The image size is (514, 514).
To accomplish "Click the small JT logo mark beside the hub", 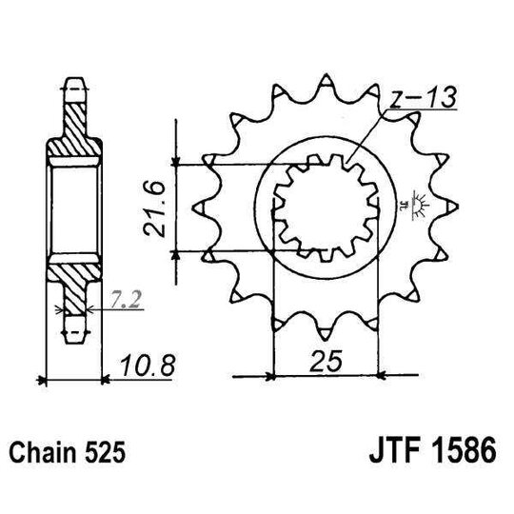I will click(x=416, y=203).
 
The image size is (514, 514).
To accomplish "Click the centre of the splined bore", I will click(x=324, y=207).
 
